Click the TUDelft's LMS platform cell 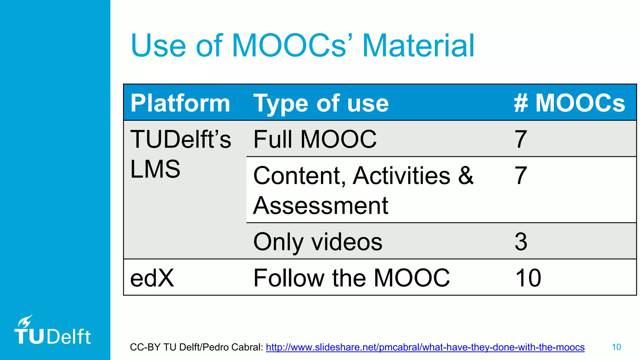[180, 154]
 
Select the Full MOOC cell [315, 139]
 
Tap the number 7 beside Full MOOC [521, 139]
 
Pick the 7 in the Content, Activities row [521, 175]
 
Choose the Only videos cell [318, 242]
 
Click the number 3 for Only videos [521, 242]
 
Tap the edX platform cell [152, 278]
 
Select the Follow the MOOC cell [351, 278]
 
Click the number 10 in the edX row [528, 278]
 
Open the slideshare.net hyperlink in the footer [425, 347]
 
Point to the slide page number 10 [616, 347]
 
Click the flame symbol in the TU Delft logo [25, 321]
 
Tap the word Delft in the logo [69, 337]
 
